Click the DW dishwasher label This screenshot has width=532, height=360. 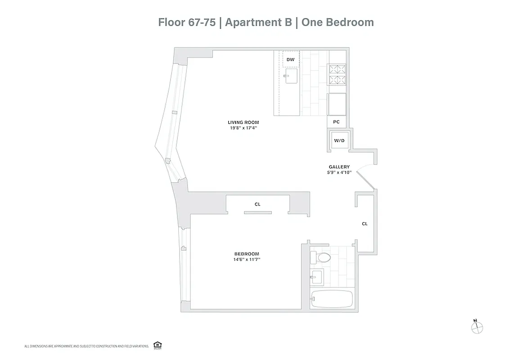(x=291, y=59)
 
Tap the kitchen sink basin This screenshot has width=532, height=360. (x=291, y=76)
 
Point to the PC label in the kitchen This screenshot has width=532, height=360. (x=336, y=122)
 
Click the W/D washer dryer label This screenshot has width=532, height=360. (x=339, y=141)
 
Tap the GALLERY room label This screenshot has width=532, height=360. (x=339, y=167)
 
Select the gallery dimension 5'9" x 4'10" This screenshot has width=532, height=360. (x=339, y=172)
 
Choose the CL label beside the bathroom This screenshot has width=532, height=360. (x=365, y=224)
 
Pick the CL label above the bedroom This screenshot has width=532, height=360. (x=257, y=204)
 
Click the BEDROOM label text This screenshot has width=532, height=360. (x=246, y=254)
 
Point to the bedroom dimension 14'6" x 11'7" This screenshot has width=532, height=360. (x=246, y=260)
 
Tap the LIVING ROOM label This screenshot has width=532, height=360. (x=243, y=122)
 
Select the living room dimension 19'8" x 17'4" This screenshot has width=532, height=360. (x=243, y=128)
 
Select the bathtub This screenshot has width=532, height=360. (x=332, y=299)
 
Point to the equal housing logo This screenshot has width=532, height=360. (x=158, y=345)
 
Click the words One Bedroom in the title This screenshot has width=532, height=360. (x=338, y=22)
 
